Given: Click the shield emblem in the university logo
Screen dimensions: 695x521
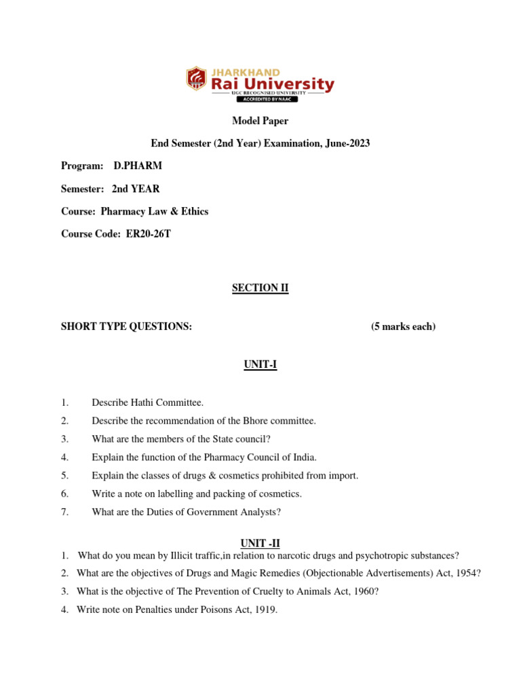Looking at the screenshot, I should [197, 78].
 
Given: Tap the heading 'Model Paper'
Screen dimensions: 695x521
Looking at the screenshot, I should [260, 121].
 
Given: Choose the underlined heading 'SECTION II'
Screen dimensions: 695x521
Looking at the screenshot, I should [260, 288].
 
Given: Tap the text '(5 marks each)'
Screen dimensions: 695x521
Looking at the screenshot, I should [403, 326].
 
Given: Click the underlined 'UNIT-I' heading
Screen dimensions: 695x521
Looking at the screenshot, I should [260, 365].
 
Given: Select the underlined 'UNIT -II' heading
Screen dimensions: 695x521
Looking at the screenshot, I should [260, 542].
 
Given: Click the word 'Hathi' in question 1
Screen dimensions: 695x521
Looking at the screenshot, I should [137, 402].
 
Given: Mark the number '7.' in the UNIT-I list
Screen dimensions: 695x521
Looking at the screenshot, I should [64, 512].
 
